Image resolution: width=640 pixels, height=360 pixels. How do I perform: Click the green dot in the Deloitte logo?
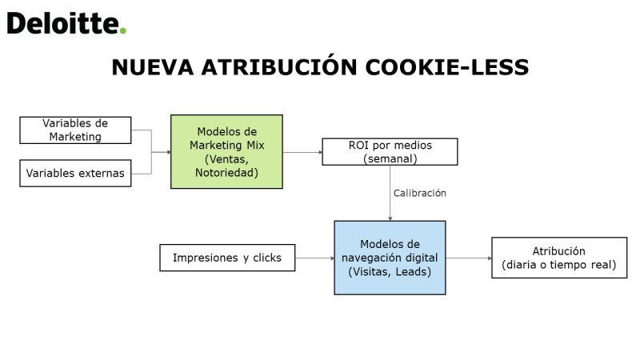pyautogui.click(x=123, y=30)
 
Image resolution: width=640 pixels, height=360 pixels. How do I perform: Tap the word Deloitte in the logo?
pyautogui.click(x=63, y=23)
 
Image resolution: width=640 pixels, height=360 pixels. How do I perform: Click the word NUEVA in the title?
pyautogui.click(x=153, y=67)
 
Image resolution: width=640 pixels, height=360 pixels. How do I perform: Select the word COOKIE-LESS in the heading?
pyautogui.click(x=447, y=67)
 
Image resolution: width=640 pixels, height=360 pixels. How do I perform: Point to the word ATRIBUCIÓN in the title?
pyautogui.click(x=279, y=66)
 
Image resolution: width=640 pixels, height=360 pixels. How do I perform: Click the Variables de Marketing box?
pyautogui.click(x=75, y=130)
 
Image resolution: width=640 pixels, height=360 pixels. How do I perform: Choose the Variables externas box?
pyautogui.click(x=75, y=173)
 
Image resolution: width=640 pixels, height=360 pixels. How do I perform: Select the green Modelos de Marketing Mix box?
pyautogui.click(x=226, y=151)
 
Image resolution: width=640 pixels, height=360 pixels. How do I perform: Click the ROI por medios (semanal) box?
pyautogui.click(x=390, y=152)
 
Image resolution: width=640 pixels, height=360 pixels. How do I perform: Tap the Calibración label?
pyautogui.click(x=419, y=193)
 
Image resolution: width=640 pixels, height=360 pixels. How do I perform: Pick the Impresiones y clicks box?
pyautogui.click(x=227, y=258)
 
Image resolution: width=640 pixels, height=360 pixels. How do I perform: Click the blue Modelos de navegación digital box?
pyautogui.click(x=390, y=258)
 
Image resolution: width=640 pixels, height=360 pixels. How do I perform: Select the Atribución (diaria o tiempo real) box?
pyautogui.click(x=559, y=258)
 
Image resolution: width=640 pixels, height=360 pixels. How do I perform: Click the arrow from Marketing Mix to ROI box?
pyautogui.click(x=302, y=152)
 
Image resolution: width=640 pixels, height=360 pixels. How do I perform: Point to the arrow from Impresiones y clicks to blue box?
pyautogui.click(x=314, y=258)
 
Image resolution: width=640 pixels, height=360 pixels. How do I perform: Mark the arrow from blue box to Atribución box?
pyautogui.click(x=469, y=258)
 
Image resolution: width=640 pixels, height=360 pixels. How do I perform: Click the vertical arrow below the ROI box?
pyautogui.click(x=390, y=193)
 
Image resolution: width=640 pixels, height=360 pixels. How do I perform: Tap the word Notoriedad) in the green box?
pyautogui.click(x=226, y=173)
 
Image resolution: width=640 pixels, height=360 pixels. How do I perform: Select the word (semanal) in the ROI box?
pyautogui.click(x=390, y=158)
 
